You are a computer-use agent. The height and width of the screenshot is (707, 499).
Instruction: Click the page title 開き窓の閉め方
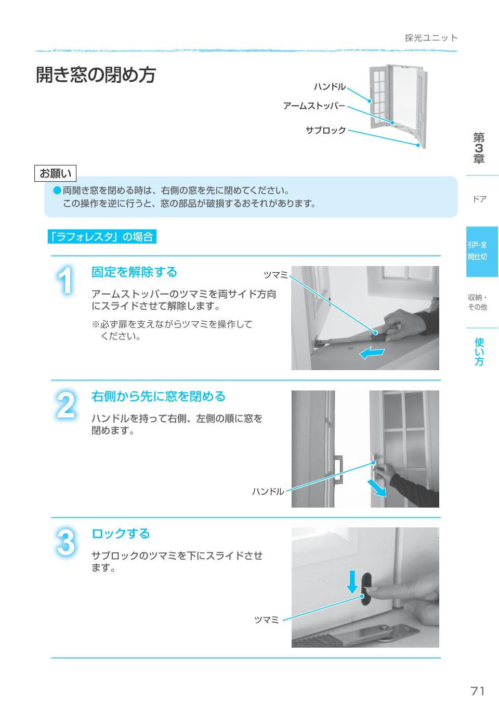click(x=96, y=75)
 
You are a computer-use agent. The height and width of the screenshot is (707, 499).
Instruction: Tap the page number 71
click(x=477, y=691)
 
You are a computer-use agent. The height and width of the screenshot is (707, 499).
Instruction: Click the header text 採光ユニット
click(x=431, y=38)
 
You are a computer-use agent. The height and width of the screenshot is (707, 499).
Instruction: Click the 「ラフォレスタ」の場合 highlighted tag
click(x=101, y=237)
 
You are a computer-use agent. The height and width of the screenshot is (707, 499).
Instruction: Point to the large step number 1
click(x=65, y=282)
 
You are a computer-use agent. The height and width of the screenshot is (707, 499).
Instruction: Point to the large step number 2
click(x=65, y=406)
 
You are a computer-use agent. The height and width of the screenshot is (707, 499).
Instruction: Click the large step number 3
click(x=65, y=542)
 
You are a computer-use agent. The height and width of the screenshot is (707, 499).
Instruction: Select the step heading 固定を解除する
click(x=134, y=272)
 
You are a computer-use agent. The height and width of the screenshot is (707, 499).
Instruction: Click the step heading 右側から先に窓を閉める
click(x=158, y=396)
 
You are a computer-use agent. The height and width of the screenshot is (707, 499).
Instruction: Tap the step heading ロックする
click(x=121, y=534)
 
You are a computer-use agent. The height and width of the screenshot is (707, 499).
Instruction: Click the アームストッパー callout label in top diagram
click(x=314, y=106)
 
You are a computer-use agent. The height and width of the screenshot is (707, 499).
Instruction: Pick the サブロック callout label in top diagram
click(x=325, y=130)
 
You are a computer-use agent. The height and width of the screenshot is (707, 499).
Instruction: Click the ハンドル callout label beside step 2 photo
click(x=268, y=491)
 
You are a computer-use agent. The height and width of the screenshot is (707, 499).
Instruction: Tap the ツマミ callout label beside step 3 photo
click(x=267, y=620)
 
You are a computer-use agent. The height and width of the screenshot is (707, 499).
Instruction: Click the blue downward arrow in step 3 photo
click(x=352, y=582)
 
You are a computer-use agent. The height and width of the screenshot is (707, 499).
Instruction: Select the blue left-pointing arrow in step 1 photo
click(x=372, y=353)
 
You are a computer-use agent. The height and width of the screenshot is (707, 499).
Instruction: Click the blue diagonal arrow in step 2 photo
click(x=377, y=488)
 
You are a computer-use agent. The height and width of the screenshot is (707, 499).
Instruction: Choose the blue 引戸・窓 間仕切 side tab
click(x=482, y=251)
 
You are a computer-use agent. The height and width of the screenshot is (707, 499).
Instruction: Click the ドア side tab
click(x=479, y=199)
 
